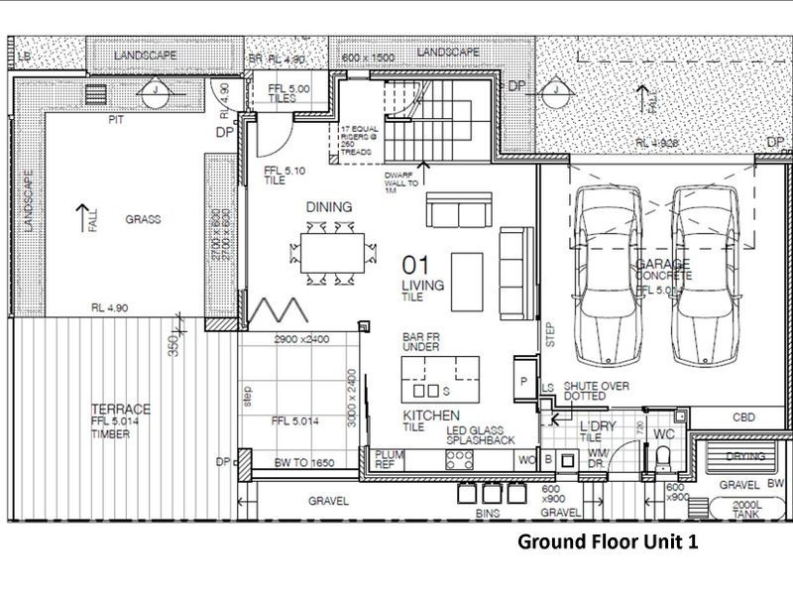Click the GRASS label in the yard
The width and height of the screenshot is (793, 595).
tap(143, 219)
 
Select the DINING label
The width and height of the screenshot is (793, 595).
tap(329, 207)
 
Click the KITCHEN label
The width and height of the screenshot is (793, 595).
tap(431, 414)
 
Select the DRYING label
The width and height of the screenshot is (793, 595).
tap(746, 457)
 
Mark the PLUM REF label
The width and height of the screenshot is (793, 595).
tap(385, 459)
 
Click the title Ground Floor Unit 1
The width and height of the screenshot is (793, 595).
tap(615, 543)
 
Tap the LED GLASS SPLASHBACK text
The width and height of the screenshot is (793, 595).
tap(480, 432)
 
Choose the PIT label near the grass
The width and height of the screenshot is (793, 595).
tap(117, 118)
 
